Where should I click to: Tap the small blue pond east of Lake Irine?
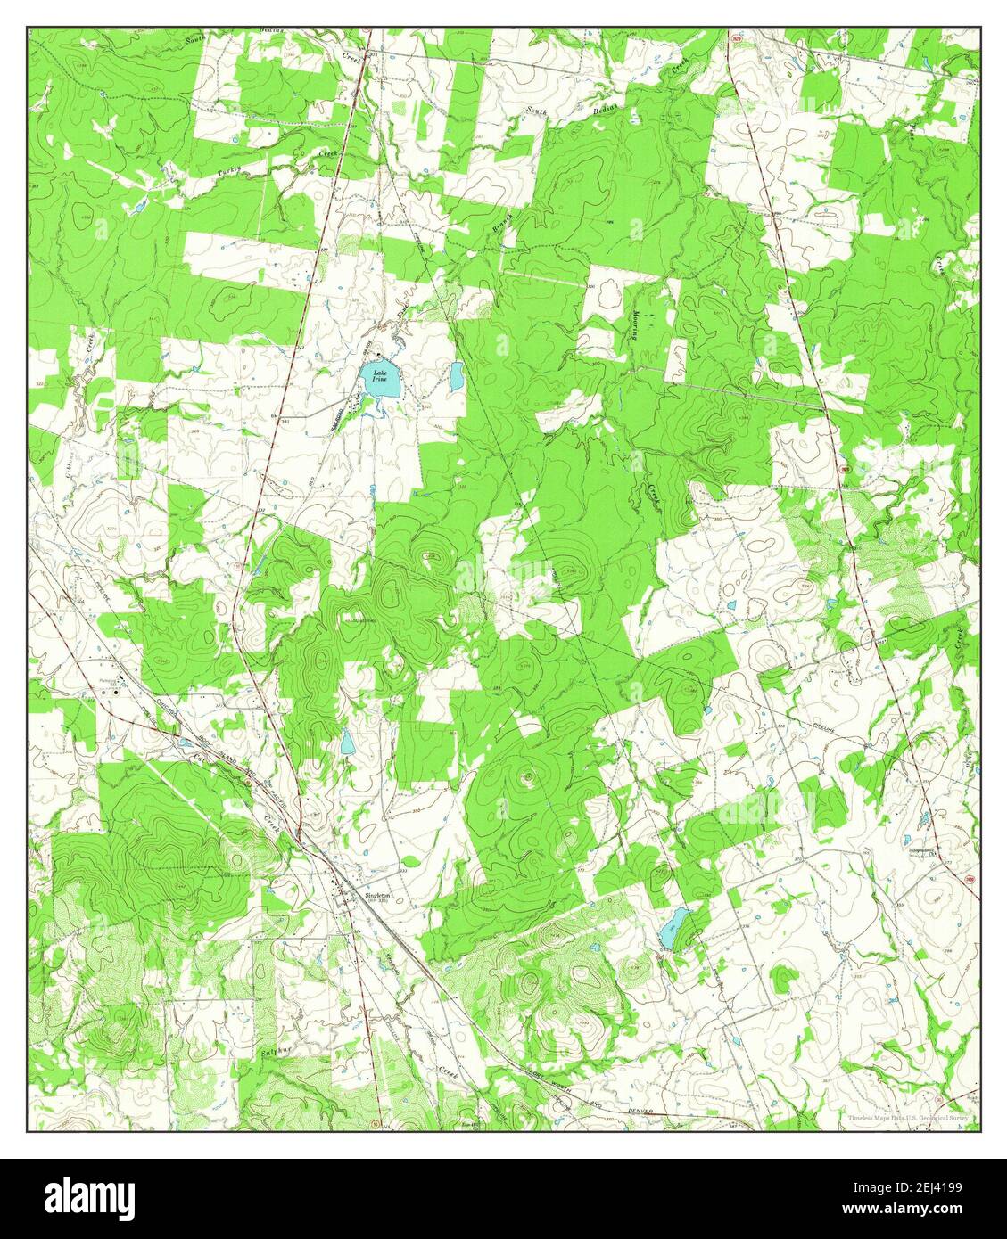pos(457,377)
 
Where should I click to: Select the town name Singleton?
pos(378,897)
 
